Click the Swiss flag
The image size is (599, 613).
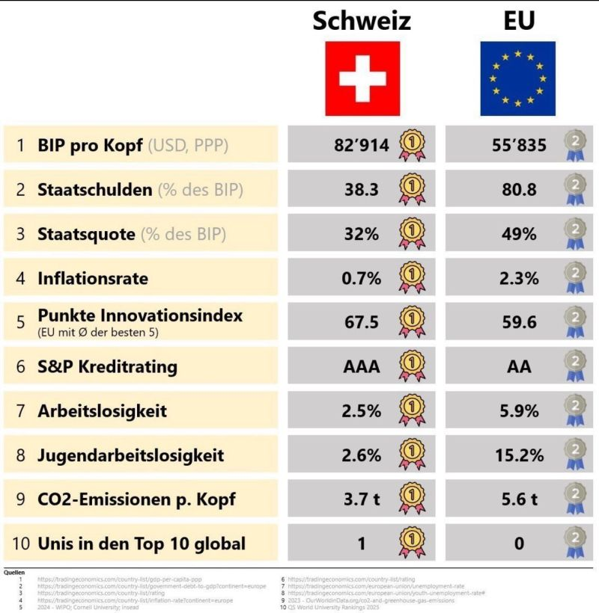point(362,78)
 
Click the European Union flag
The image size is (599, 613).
point(517,78)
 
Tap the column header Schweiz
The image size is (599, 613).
point(362,20)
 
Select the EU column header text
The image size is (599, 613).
point(519,20)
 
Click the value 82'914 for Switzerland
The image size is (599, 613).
point(362,145)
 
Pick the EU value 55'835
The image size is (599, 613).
point(519,145)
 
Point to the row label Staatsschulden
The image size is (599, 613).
point(94,190)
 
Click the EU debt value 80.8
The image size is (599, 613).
point(519,190)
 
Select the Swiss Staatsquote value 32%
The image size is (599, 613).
point(362,234)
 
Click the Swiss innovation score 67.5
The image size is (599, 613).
point(362,322)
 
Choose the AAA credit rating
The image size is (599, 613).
point(362,366)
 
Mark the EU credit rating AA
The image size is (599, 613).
point(519,366)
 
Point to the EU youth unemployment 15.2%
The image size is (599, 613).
point(519,455)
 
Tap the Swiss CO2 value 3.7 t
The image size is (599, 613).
point(362,499)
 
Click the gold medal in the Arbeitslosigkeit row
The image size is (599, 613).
point(412,410)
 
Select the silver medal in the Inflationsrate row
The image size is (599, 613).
point(574,279)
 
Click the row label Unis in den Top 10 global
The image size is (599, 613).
point(142,543)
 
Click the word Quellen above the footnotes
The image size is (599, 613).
point(14,572)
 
